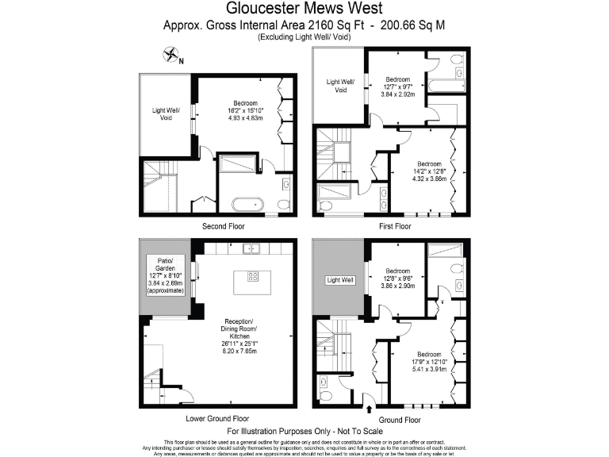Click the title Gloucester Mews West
pos(304,9)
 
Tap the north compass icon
pos(171,56)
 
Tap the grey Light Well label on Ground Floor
pos(339,280)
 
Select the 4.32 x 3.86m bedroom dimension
pos(428,178)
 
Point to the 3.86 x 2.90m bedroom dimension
pos(396,284)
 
